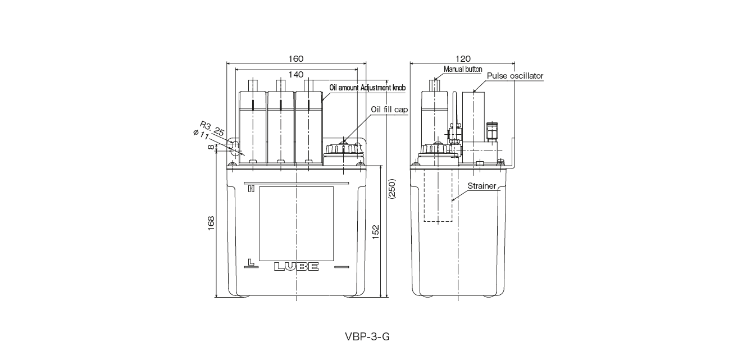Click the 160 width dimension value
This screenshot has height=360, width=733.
click(x=295, y=59)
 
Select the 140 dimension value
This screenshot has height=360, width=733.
click(x=295, y=74)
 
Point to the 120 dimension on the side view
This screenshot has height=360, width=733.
click(x=463, y=59)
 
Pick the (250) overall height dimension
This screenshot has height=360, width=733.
click(x=392, y=193)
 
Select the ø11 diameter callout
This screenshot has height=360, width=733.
click(x=201, y=135)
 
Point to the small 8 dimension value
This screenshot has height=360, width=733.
click(x=211, y=147)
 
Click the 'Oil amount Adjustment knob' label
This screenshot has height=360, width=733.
click(x=367, y=88)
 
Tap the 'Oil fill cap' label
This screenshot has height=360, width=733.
click(x=389, y=110)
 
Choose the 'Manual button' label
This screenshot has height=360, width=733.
click(x=463, y=69)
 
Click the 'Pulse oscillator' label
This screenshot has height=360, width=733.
click(x=515, y=75)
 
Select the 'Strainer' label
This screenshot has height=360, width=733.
click(x=482, y=186)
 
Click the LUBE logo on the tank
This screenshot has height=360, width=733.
click(x=297, y=267)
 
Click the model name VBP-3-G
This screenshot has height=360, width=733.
click(x=367, y=337)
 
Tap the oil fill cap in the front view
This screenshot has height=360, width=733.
click(x=342, y=150)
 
